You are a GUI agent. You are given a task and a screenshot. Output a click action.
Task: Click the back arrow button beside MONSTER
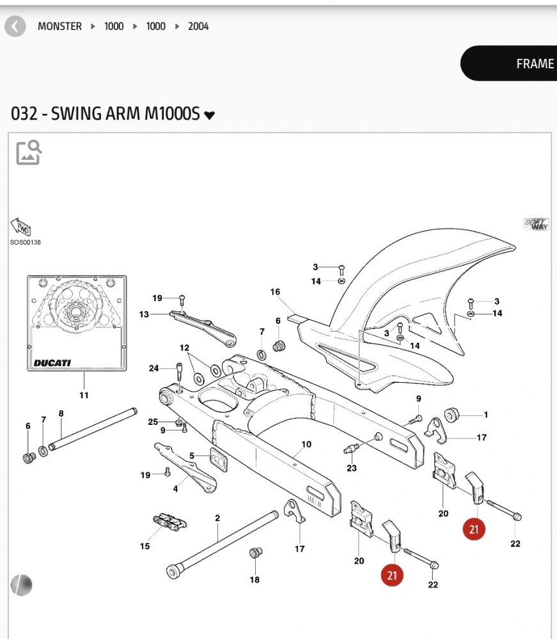pyautogui.click(x=15, y=27)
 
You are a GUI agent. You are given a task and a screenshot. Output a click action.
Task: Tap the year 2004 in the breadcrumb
pyautogui.click(x=198, y=27)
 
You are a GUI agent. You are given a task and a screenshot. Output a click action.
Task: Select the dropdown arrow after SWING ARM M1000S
pyautogui.click(x=209, y=116)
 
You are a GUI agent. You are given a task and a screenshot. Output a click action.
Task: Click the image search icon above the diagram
pyautogui.click(x=29, y=153)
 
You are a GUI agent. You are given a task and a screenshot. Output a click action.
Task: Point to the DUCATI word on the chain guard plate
pyautogui.click(x=52, y=363)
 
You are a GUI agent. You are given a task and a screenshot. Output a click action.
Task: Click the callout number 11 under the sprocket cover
pyautogui.click(x=84, y=395)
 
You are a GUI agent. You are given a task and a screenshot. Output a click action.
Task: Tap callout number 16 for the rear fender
pyautogui.click(x=275, y=292)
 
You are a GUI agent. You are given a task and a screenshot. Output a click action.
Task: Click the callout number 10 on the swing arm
pyautogui.click(x=306, y=444)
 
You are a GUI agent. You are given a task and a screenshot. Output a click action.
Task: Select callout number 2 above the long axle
pyautogui.click(x=217, y=518)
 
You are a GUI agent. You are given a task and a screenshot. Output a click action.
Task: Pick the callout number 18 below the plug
pyautogui.click(x=255, y=580)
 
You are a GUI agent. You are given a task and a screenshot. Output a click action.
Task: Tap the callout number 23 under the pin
pyautogui.click(x=352, y=468)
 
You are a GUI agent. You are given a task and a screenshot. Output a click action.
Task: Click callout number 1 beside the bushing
pyautogui.click(x=486, y=415)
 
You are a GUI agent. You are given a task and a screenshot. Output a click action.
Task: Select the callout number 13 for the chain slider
pyautogui.click(x=144, y=314)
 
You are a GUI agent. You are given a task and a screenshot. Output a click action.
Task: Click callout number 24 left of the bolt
pyautogui.click(x=153, y=368)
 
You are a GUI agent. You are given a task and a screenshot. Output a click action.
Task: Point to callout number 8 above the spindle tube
pyautogui.click(x=61, y=413)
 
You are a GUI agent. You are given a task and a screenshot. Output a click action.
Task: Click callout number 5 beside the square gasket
pyautogui.click(x=191, y=456)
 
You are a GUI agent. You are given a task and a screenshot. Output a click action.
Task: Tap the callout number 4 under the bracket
pyautogui.click(x=176, y=489)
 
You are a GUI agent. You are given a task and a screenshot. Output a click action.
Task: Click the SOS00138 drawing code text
pyautogui.click(x=25, y=243)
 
